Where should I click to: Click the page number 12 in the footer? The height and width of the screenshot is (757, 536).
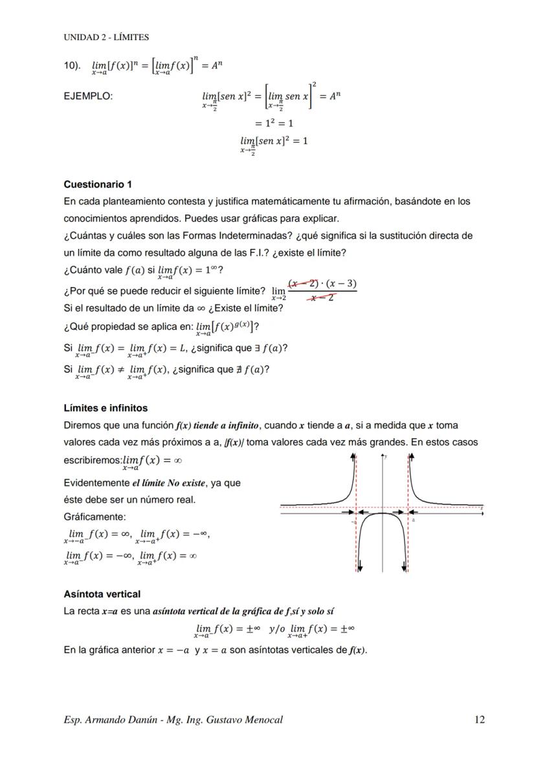[478, 720]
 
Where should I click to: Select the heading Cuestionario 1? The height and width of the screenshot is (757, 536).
[98, 184]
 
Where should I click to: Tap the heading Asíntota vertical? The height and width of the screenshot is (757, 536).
[102, 594]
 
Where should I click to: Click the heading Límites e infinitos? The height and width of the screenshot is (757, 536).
[106, 408]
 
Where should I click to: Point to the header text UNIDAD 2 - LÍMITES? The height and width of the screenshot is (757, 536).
[106, 37]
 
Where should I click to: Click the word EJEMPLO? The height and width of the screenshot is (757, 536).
[88, 96]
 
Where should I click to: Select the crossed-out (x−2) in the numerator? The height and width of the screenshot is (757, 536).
[303, 284]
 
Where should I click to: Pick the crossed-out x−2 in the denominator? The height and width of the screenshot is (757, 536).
[322, 297]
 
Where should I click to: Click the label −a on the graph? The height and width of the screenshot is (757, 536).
[353, 520]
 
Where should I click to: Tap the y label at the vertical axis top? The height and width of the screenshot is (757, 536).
[386, 456]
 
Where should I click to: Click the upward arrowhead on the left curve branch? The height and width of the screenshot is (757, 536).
[353, 458]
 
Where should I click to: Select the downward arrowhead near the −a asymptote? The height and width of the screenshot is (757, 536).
[360, 568]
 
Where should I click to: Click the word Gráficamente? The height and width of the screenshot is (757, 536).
[95, 517]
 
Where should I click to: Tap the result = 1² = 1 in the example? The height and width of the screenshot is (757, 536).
[274, 123]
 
